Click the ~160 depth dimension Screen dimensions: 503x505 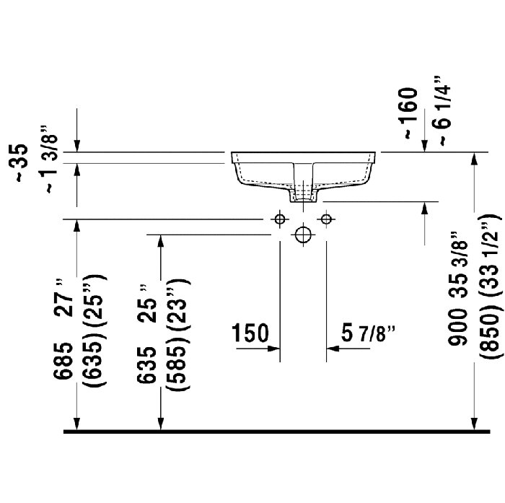(408, 113)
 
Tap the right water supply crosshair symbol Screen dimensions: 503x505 (327, 218)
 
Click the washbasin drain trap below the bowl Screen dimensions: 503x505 (304, 193)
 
